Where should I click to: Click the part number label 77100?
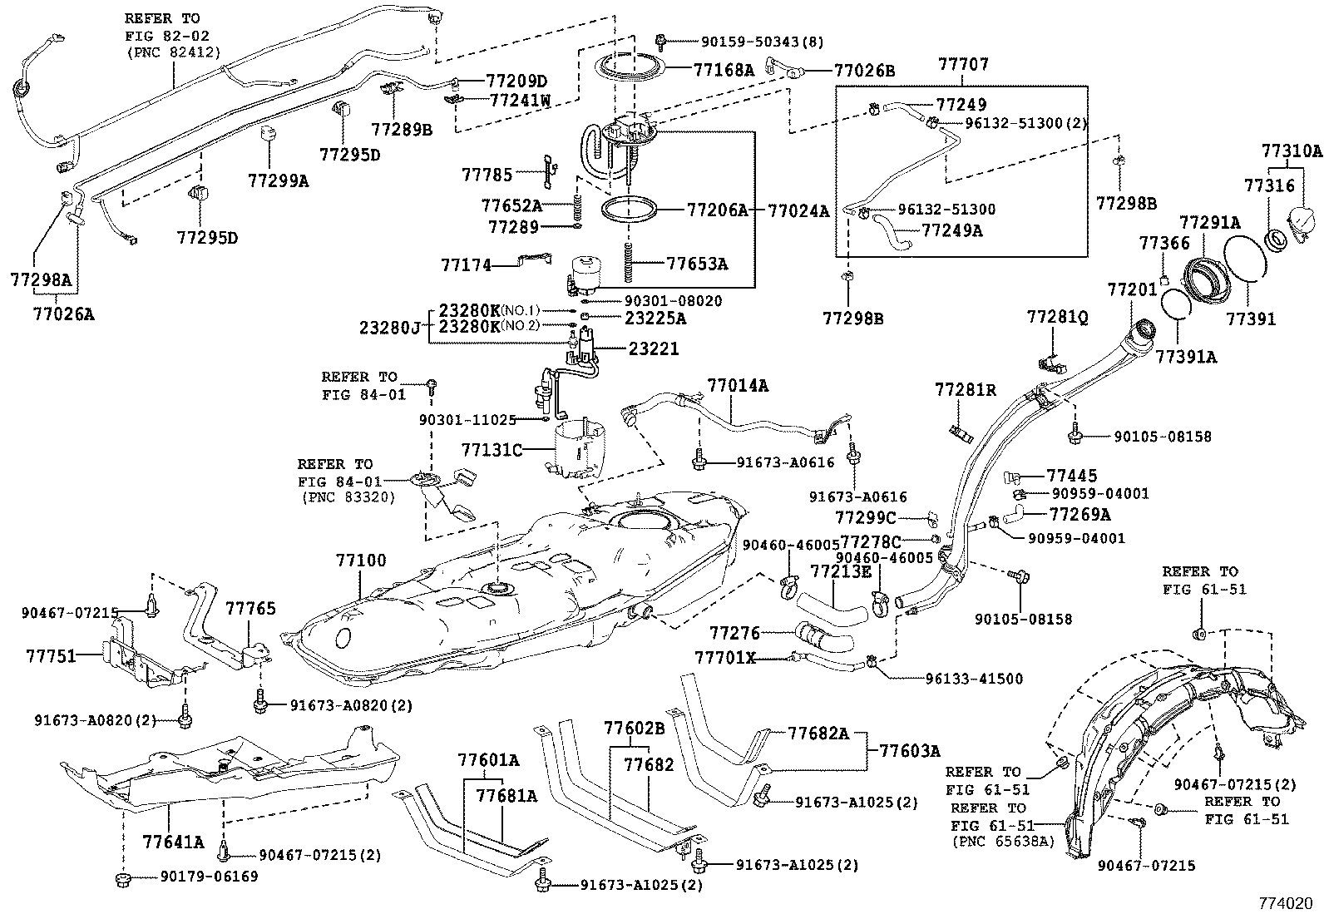(x=361, y=561)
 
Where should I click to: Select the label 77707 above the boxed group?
(x=964, y=64)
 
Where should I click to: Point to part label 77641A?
(x=172, y=842)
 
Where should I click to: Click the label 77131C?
(x=492, y=450)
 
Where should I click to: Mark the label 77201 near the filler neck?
(x=1131, y=289)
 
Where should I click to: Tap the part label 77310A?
(x=1291, y=151)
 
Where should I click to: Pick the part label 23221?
(x=653, y=349)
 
